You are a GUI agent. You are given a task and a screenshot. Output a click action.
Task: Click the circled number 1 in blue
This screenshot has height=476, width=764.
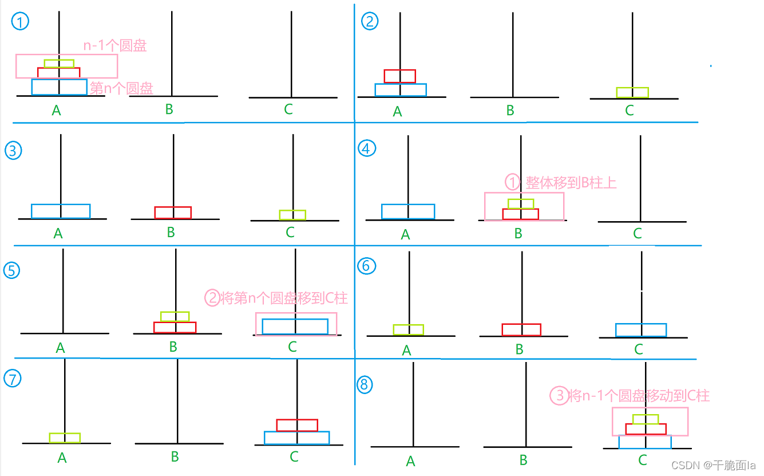tap(20, 22)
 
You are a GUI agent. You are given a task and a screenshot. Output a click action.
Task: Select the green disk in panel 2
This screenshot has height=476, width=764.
tap(632, 92)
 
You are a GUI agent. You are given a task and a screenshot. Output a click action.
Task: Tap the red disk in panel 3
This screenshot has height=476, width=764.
tap(173, 213)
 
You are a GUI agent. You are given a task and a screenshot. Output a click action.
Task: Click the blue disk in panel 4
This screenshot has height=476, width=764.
tap(408, 211)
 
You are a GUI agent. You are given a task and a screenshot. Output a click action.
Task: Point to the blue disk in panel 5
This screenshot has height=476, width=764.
tap(295, 326)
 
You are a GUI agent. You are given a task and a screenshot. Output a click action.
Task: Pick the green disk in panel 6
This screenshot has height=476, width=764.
tap(409, 329)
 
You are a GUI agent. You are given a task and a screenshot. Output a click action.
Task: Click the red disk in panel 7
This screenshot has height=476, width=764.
tap(297, 425)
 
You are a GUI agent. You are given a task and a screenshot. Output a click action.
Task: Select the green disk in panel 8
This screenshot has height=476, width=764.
tap(646, 419)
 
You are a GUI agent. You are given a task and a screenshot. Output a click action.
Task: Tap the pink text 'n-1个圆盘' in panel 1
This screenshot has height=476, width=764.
tap(115, 46)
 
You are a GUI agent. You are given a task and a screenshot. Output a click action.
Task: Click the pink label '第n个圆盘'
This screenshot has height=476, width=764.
tap(121, 89)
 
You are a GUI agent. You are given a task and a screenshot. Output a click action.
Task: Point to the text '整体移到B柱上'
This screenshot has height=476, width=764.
tap(571, 183)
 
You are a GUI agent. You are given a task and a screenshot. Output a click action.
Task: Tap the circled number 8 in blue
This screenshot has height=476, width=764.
tap(364, 384)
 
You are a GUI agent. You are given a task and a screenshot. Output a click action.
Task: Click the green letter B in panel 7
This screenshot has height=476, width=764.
tap(175, 457)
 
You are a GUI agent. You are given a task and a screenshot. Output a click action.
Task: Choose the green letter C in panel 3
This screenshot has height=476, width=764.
tap(290, 232)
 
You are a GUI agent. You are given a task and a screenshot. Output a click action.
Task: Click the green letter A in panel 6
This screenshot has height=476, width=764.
tap(406, 350)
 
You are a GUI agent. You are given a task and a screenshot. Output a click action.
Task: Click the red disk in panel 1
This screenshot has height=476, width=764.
tap(58, 73)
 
